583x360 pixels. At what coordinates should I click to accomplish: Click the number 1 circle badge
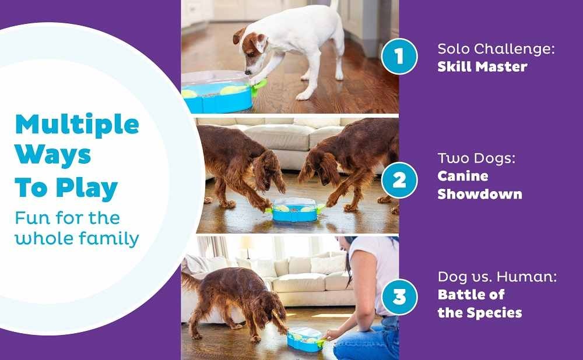pos(399,56)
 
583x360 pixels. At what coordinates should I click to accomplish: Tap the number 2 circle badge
pos(399,180)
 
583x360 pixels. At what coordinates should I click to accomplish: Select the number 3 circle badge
pos(399,297)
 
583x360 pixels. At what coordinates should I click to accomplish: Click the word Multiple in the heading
pos(77,125)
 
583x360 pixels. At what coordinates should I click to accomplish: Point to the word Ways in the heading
pos(53,154)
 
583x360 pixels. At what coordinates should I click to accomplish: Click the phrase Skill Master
pos(482,66)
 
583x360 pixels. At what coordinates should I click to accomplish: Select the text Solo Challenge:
pos(496,49)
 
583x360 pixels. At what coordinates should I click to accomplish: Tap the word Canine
pos(462,176)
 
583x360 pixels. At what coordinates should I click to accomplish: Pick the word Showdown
pos(480,194)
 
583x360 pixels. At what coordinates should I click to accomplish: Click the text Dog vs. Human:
pos(497,277)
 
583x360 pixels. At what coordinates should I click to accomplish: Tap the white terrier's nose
pos(247,72)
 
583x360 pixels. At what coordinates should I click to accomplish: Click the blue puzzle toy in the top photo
pos(216,93)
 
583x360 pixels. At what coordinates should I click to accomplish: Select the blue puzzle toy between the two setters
pos(294,210)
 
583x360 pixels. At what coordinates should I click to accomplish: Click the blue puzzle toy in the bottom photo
pos(305,340)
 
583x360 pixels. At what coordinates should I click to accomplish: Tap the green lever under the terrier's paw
pos(259,87)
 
